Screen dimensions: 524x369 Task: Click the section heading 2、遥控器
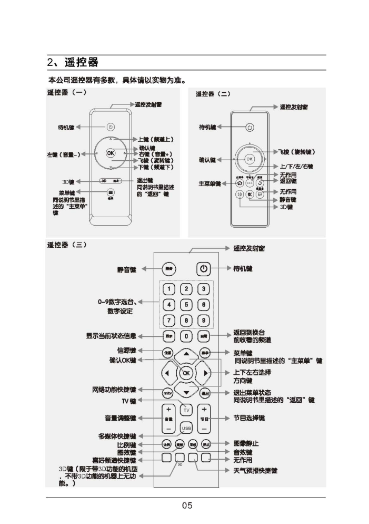click(73, 62)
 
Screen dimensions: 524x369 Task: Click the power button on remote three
click(204, 269)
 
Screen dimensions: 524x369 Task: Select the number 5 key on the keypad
click(186, 304)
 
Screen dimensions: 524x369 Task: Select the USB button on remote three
click(185, 428)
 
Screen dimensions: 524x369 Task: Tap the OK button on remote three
click(186, 373)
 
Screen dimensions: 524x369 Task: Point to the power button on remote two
click(250, 127)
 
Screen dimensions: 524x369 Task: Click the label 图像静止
click(246, 443)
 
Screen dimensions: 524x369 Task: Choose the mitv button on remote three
click(167, 393)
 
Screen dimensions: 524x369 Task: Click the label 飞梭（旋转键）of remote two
click(297, 152)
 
